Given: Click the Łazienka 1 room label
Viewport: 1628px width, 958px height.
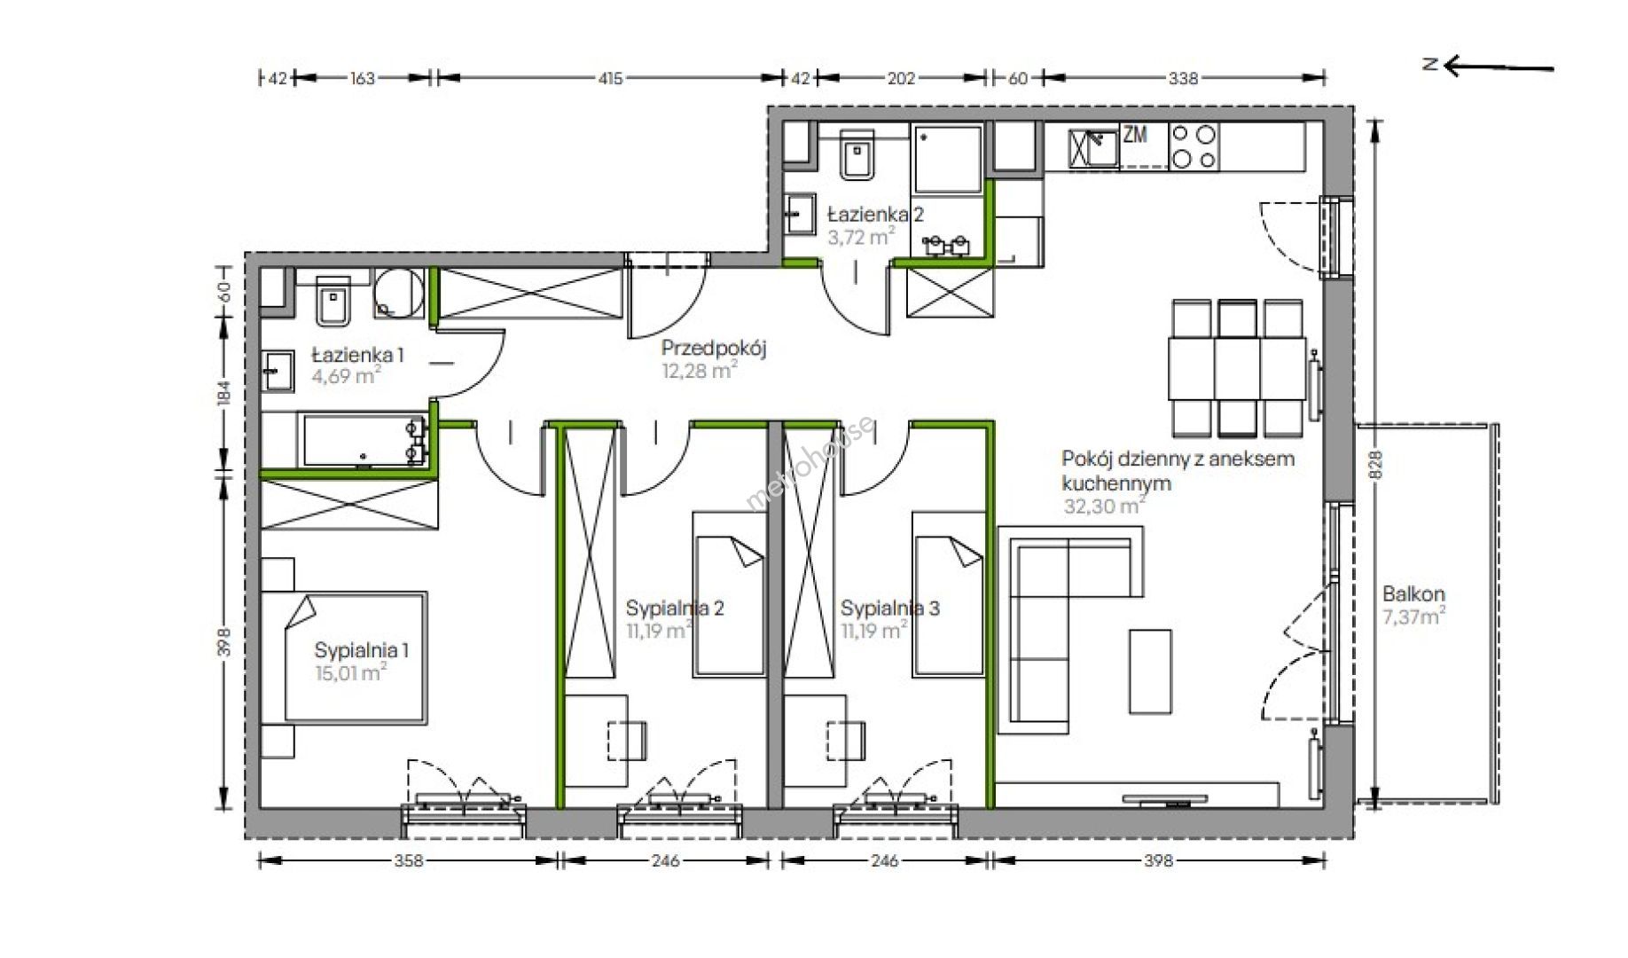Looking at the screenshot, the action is [357, 355].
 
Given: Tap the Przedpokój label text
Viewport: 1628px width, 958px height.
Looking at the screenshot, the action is [714, 349].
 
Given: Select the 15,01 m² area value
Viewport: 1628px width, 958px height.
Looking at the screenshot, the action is [350, 672].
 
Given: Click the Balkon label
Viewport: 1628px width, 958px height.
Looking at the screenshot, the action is [1413, 593].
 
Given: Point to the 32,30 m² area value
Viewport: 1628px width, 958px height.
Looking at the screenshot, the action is [1104, 506].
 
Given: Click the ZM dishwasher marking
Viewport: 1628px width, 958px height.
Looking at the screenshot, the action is [1135, 135].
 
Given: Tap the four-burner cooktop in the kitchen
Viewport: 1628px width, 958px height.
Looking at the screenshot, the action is [1194, 146].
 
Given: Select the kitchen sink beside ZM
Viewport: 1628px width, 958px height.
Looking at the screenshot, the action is [1093, 148].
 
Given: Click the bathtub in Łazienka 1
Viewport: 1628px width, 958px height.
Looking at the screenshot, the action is [364, 442].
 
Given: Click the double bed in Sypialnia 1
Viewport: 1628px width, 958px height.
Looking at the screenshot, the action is [356, 657].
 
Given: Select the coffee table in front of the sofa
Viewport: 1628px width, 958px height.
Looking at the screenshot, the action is [1150, 671].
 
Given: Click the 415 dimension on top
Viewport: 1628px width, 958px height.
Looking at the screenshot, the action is [610, 78].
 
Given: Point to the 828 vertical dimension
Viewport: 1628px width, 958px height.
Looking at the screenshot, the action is [1375, 465].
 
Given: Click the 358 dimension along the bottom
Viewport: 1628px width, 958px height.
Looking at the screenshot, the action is [409, 860].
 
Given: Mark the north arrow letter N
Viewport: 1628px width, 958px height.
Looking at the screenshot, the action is [1429, 64].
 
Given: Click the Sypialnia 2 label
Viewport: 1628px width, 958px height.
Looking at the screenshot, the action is [675, 608].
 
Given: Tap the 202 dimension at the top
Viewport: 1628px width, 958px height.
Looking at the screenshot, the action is [901, 78].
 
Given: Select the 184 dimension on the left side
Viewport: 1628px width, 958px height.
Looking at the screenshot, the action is [224, 393].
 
